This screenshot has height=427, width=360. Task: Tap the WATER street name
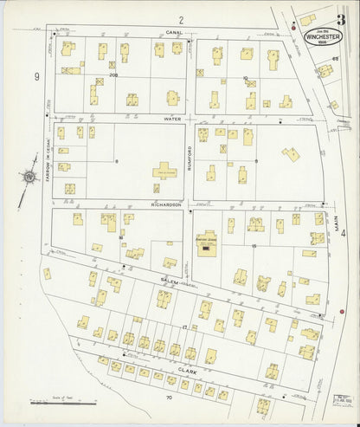click(x=170, y=119)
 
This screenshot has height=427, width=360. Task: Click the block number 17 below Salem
click(x=184, y=327)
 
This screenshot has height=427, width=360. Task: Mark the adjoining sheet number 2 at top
click(x=182, y=19)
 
